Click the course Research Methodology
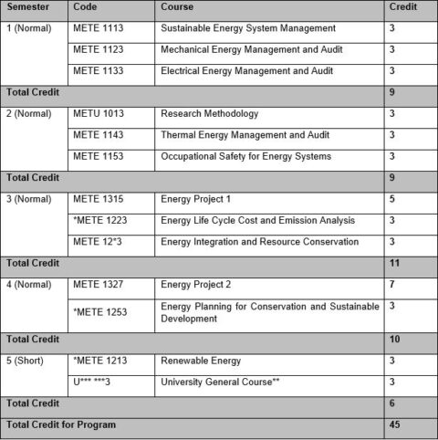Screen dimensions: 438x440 coord(209,114)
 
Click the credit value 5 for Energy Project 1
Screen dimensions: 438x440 coord(391,199)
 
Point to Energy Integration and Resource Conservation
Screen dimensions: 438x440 coord(258,242)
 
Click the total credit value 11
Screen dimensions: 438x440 coord(393,263)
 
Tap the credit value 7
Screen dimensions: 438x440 coord(391,285)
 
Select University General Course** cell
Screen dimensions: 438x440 coord(222,382)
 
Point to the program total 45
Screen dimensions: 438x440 coord(393,424)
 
